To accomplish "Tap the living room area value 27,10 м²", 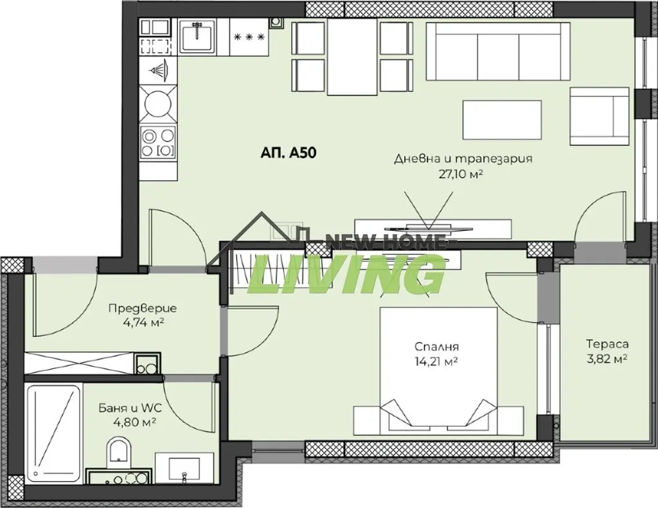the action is (459, 174).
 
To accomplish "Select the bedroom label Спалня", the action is (436, 347).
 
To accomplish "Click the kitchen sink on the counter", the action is (197, 37).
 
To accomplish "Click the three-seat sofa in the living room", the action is (498, 51).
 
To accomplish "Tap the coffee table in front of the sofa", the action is (502, 119).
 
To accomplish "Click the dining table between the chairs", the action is (352, 58).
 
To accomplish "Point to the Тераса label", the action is (607, 344).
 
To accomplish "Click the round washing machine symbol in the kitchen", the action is (158, 102).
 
